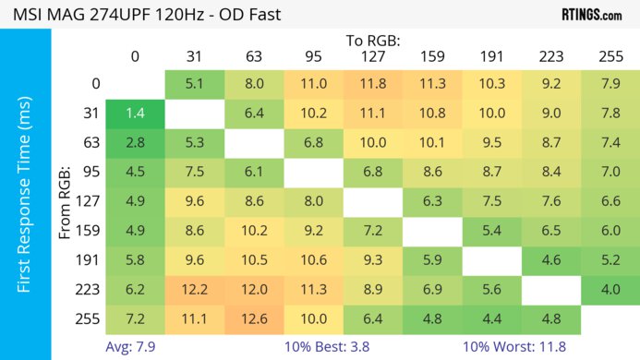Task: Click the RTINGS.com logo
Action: [591, 15]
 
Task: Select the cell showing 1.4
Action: [135, 114]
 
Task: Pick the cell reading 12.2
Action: [194, 289]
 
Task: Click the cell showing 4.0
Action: [610, 289]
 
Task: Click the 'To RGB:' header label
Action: [373, 41]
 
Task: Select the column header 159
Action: [432, 56]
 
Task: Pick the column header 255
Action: [610, 56]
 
